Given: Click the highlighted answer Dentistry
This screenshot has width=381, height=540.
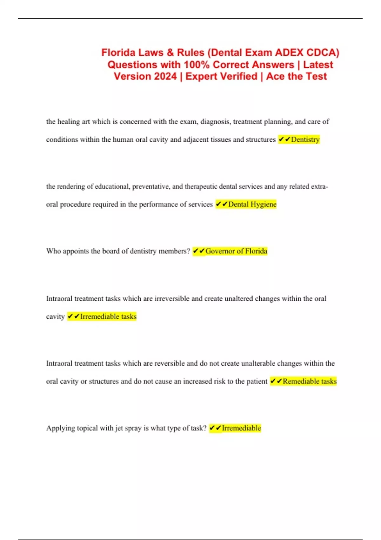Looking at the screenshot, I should (x=305, y=139).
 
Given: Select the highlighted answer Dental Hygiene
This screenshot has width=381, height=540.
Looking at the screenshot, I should (x=252, y=204).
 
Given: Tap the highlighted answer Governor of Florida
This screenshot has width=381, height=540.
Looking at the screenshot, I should (x=236, y=251).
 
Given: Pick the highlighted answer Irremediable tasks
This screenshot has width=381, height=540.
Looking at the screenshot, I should (x=108, y=316).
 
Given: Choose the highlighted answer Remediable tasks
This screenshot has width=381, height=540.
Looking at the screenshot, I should (x=309, y=381).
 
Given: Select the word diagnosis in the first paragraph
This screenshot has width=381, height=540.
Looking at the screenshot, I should (x=215, y=122).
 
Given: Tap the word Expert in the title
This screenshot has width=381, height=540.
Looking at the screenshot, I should (x=201, y=77).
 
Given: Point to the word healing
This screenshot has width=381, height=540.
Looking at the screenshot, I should (x=69, y=122).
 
